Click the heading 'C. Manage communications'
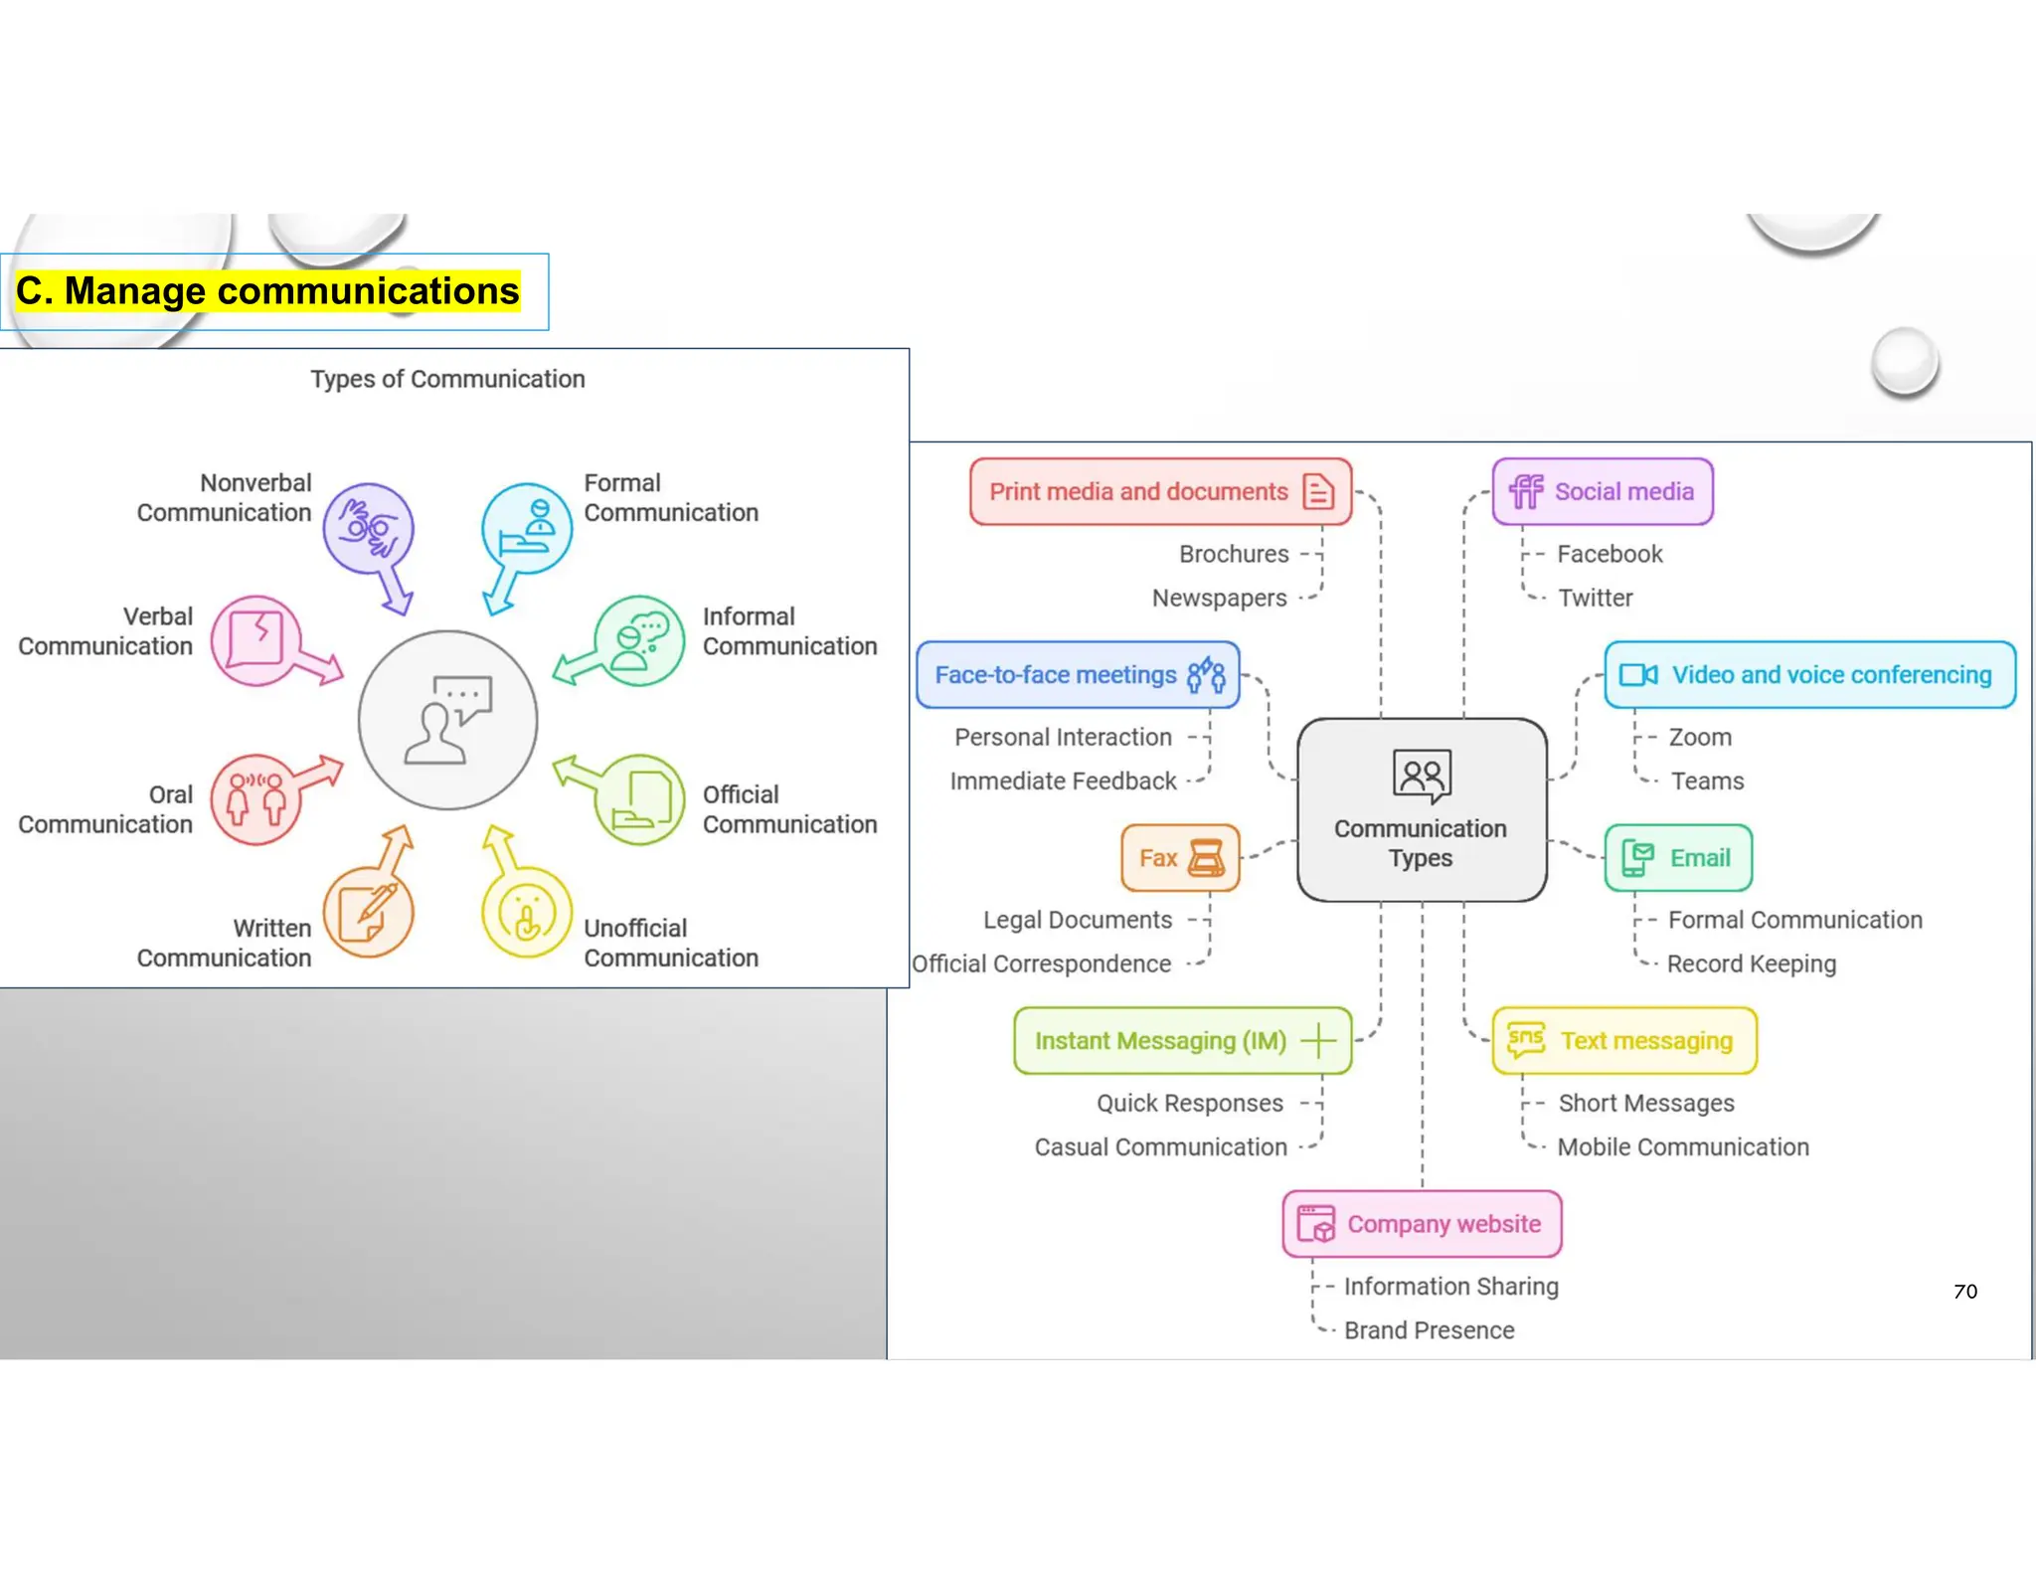point(267,291)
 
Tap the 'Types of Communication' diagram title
point(447,379)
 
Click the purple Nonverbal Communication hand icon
point(368,528)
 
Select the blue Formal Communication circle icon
point(527,528)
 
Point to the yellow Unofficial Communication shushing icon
point(527,912)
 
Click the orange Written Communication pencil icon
point(368,912)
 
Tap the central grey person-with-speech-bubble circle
point(448,720)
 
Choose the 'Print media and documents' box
point(1160,491)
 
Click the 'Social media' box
point(1603,491)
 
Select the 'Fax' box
point(1180,857)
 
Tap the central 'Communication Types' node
point(1422,809)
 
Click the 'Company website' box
point(1422,1224)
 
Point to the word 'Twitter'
point(1595,598)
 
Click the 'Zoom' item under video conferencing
point(1700,737)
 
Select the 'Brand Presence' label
point(1429,1330)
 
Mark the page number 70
point(1964,1292)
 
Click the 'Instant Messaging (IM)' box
point(1182,1041)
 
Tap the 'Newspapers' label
point(1219,598)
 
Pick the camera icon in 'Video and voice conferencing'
point(1637,675)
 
